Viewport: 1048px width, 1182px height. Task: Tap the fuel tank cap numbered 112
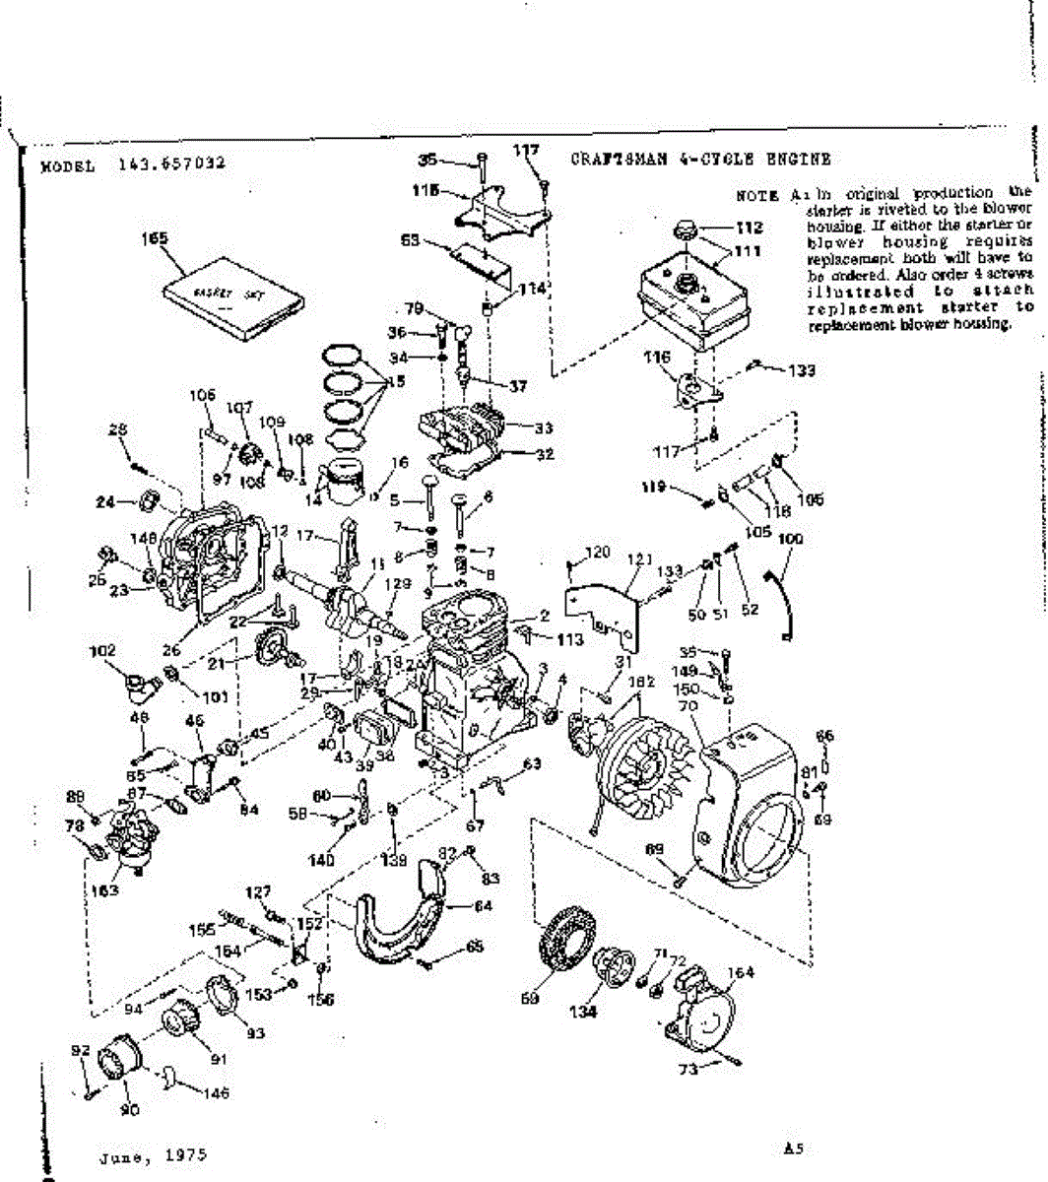point(685,232)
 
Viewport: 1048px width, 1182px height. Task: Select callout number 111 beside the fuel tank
point(748,251)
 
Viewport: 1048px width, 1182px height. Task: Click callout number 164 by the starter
point(741,973)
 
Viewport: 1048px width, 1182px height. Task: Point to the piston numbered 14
point(347,481)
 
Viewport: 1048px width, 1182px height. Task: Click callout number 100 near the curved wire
point(790,539)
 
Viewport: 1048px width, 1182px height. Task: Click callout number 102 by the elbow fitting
point(102,650)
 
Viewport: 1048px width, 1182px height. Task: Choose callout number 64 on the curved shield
point(483,905)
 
